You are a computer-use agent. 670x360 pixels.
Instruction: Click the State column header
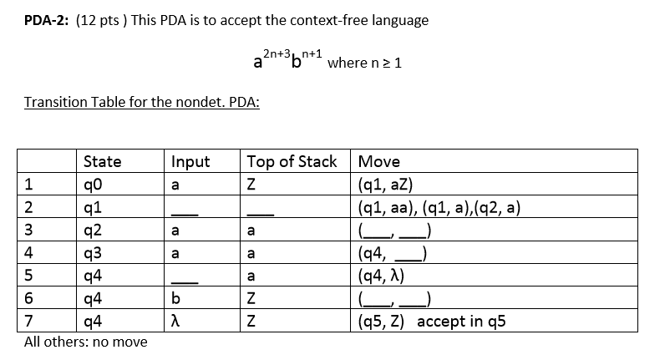(103, 161)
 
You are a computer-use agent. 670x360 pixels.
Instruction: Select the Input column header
(190, 161)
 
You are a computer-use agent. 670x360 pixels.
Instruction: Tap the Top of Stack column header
(292, 161)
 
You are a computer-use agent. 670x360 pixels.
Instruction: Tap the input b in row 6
(175, 299)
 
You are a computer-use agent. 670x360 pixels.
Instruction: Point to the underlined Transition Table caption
(141, 102)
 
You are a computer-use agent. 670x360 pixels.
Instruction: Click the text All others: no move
(85, 342)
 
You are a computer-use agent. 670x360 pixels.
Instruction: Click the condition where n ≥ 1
(366, 63)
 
